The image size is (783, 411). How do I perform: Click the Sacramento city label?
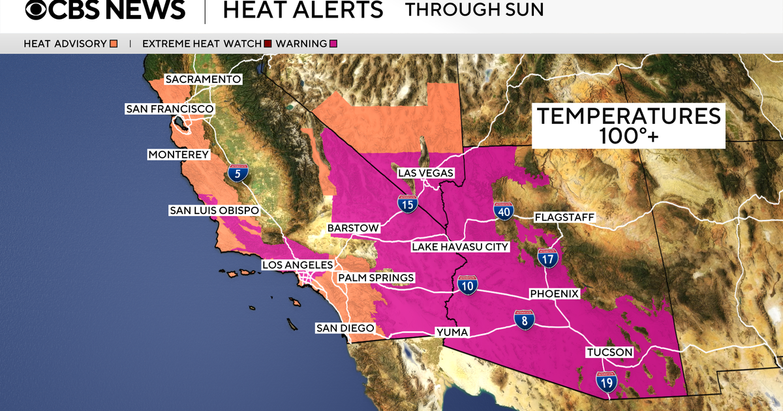[203, 80]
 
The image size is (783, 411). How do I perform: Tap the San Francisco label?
[169, 109]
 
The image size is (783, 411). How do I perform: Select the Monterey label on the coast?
[179, 155]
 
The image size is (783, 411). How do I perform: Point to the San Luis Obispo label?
[214, 211]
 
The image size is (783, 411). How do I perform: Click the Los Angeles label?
[298, 265]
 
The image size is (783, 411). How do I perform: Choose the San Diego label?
[345, 327]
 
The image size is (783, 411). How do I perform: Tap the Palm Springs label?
[376, 278]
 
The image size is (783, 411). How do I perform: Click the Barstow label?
[353, 228]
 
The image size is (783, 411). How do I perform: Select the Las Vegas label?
[426, 173]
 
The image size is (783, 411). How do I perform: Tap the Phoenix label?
[554, 294]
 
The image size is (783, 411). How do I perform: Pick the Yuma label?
[452, 333]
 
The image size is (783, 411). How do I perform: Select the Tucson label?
[609, 352]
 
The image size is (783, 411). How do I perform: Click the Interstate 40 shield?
[503, 211]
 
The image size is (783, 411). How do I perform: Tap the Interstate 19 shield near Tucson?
[607, 382]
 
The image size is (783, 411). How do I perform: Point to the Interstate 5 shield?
[238, 174]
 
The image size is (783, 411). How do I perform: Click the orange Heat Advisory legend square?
[114, 44]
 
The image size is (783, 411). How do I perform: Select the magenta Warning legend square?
[333, 44]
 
